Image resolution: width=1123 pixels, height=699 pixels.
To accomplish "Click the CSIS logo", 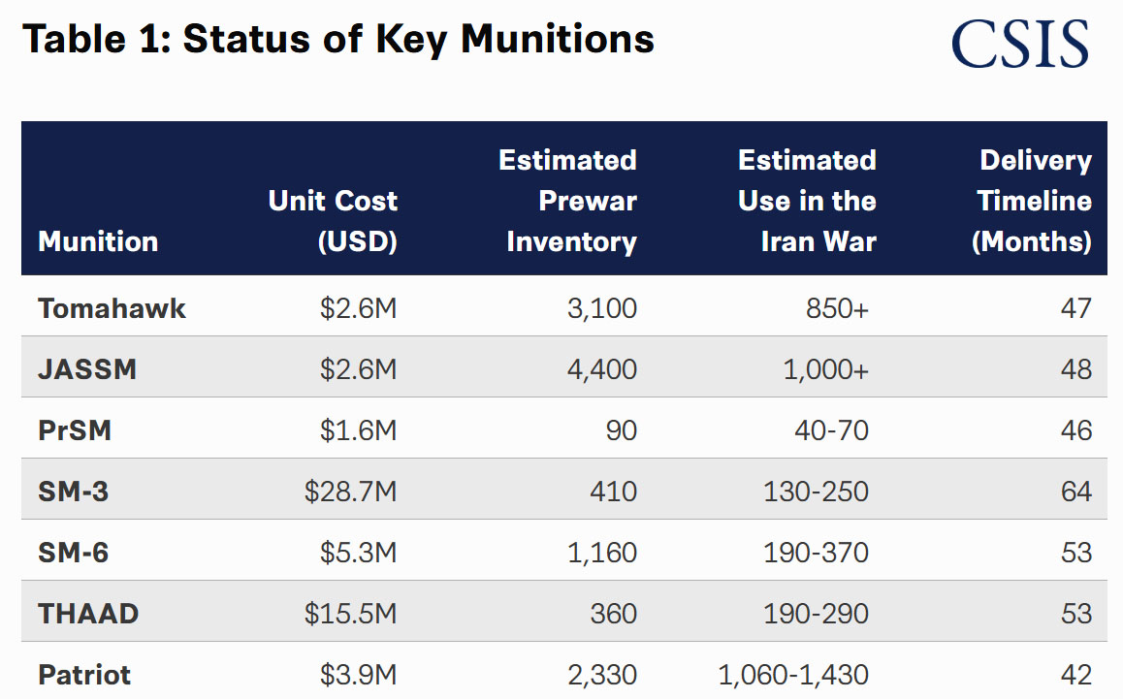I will coord(1019,45).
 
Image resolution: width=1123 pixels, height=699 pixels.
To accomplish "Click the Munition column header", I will coord(98,241).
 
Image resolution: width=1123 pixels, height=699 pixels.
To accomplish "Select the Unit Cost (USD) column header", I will coord(333,221).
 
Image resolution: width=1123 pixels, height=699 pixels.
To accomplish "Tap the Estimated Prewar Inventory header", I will coord(568,201).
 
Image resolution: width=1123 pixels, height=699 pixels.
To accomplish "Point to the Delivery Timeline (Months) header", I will coord(1033,201).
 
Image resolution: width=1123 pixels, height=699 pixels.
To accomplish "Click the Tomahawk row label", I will coord(112,308).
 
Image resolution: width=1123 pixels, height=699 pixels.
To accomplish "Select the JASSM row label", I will coord(87,369).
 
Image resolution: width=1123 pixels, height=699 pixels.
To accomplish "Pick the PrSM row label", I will coord(75,430).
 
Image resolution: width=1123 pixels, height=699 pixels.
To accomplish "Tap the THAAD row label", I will coord(88,614).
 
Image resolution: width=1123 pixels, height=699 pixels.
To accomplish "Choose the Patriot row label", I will coord(84,675).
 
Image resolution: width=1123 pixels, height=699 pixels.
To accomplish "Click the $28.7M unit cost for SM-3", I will coord(350,492).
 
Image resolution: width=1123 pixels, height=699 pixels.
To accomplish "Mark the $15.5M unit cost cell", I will coord(350,614).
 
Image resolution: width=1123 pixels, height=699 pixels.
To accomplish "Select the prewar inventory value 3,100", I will coord(601,308).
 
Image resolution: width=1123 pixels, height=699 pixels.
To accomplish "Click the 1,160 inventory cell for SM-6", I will coord(601,553).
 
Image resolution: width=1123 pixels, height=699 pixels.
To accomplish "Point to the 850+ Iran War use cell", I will coord(837,308).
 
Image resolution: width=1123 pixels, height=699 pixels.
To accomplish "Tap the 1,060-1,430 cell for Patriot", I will coord(793,675).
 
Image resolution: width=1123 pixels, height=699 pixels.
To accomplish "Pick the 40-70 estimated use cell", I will coord(831,430).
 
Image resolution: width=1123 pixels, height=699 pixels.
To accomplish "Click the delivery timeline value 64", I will coord(1076,492).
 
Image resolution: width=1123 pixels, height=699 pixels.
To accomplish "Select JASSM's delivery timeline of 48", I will coord(1076,369).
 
